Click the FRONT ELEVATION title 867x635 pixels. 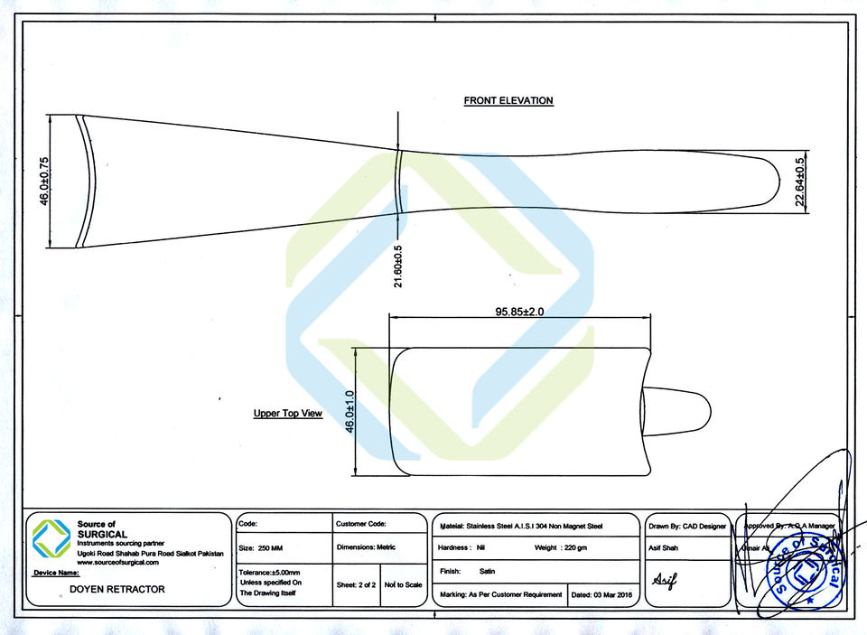click(508, 101)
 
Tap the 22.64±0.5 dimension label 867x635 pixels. click(800, 182)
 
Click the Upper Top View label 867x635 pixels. click(287, 414)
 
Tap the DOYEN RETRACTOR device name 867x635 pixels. click(117, 589)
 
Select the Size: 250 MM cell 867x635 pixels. click(259, 547)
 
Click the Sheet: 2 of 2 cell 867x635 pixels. click(356, 584)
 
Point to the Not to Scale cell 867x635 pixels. click(403, 584)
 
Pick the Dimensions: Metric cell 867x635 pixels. click(366, 547)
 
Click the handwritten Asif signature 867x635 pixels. click(665, 578)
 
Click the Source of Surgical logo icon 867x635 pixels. click(51, 539)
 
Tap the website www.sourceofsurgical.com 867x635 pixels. click(117, 562)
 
